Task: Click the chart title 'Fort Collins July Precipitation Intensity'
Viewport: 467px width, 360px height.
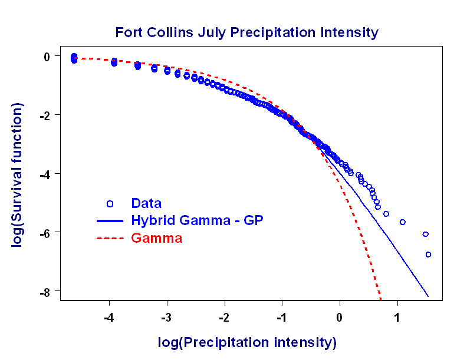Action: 246,32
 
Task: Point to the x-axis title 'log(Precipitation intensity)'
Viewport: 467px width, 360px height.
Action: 246,342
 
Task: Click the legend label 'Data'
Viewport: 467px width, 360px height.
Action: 146,203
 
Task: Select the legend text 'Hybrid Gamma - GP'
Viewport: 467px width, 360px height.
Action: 197,220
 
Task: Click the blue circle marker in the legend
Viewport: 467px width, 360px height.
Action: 110,204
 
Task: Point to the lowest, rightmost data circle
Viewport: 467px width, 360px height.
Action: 429,255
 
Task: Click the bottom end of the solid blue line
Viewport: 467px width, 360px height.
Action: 428,296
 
